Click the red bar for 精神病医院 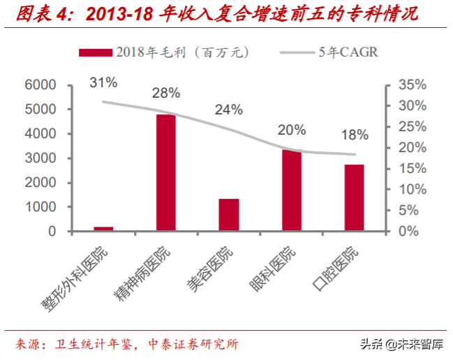[x=165, y=172]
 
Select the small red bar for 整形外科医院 [x=103, y=228]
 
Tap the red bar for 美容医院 [x=228, y=214]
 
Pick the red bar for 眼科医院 [x=291, y=190]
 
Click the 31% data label [x=103, y=83]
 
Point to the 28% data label [x=167, y=93]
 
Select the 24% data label [x=228, y=110]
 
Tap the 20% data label [x=291, y=129]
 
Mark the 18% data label [x=355, y=135]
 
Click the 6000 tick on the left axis [x=40, y=85]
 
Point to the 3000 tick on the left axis [x=40, y=158]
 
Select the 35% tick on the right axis [x=410, y=85]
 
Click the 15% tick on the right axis [x=410, y=169]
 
